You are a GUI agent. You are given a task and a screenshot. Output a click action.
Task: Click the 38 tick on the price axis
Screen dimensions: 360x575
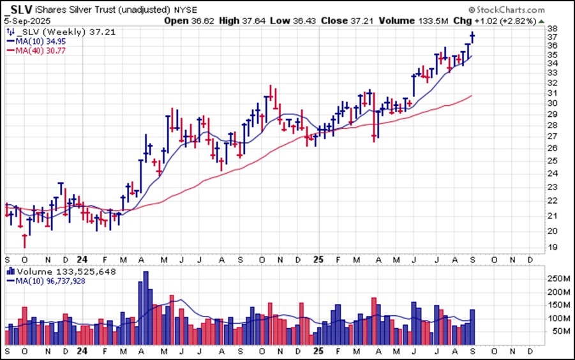551,29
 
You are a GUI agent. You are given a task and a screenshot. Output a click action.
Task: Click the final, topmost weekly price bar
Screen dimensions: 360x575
472,37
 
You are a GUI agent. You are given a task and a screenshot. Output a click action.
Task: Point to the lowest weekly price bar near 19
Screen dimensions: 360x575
25,241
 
